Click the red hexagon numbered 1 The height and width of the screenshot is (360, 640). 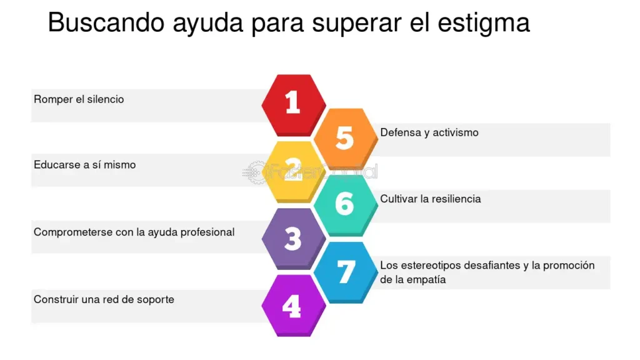(294, 105)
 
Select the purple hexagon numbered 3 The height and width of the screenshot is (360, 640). (294, 239)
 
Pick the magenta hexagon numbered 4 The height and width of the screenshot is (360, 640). (294, 306)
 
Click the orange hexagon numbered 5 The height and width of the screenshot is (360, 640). (346, 139)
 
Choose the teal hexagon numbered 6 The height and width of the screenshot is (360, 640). (346, 205)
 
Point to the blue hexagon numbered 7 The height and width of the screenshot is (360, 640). (346, 272)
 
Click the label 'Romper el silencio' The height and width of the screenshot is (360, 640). (79, 99)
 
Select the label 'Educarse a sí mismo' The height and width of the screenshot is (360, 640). (84, 165)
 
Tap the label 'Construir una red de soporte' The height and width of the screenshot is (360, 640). (104, 299)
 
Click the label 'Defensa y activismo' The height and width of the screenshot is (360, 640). (429, 132)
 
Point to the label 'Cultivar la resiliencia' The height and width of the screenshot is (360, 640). (430, 199)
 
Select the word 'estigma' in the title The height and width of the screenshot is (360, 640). (483, 24)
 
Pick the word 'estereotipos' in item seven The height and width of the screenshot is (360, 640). (431, 266)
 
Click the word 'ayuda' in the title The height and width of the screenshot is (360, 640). (208, 24)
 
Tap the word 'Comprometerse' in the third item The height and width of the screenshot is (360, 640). (73, 232)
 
